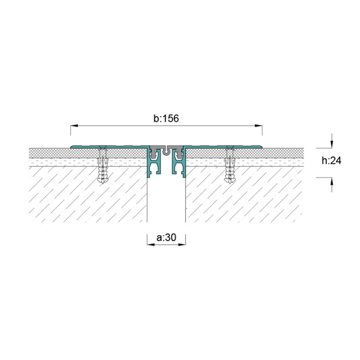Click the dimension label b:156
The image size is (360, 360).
[166, 118]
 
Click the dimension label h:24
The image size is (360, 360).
[331, 160]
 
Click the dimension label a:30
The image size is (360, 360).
[166, 238]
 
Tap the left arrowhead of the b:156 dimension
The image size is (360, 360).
[74, 125]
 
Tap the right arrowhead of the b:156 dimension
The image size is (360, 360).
[259, 125]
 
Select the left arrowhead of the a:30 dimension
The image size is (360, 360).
[151, 245]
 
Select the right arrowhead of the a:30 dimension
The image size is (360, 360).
[182, 245]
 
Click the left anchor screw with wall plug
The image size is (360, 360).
[103, 164]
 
